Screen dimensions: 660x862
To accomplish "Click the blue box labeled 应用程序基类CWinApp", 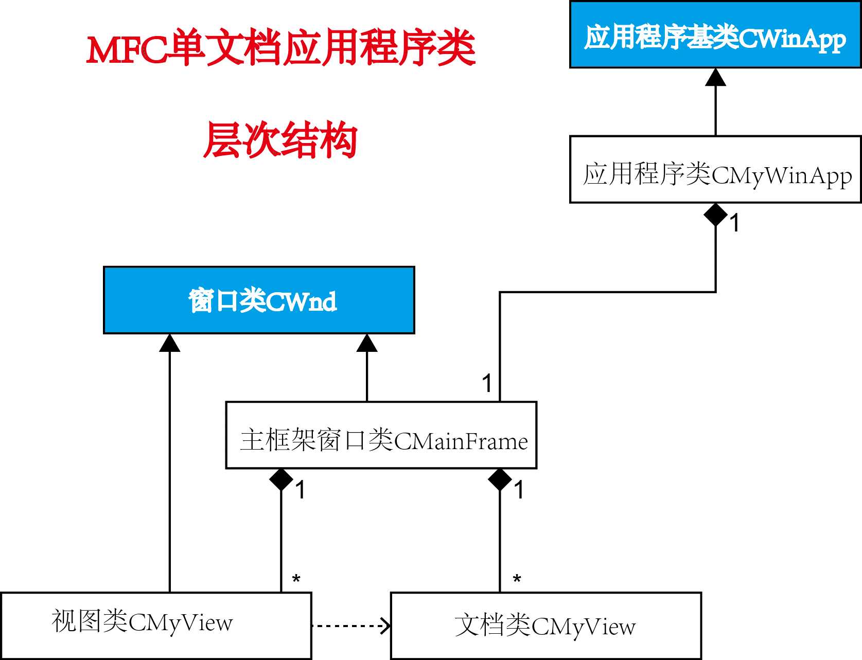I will click(x=715, y=34).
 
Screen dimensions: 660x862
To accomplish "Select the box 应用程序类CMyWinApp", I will click(x=715, y=169).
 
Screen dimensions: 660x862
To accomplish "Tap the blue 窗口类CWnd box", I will click(x=259, y=300).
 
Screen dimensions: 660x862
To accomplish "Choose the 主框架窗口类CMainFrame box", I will click(x=381, y=435).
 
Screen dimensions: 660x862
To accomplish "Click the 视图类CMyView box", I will click(x=155, y=626).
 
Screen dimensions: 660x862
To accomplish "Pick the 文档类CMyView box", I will click(x=546, y=626).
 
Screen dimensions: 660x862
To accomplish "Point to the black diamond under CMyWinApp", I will click(x=715, y=215).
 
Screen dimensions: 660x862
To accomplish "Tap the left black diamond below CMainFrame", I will click(x=281, y=480).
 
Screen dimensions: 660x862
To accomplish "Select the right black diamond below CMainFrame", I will click(x=500, y=480).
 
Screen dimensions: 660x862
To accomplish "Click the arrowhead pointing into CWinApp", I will click(x=715, y=77).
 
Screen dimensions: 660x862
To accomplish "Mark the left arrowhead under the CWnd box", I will click(x=169, y=343).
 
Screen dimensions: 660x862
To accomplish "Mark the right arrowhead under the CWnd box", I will click(x=367, y=343).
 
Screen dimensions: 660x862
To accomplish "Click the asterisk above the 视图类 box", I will click(x=296, y=579).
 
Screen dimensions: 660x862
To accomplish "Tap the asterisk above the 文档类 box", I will click(x=517, y=579).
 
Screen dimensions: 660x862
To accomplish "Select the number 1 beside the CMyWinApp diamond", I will click(x=735, y=223).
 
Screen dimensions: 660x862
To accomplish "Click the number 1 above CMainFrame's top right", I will click(x=487, y=384).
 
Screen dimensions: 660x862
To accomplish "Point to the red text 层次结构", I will click(x=280, y=140).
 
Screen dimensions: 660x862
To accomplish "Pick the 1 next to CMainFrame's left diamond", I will click(x=301, y=490).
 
